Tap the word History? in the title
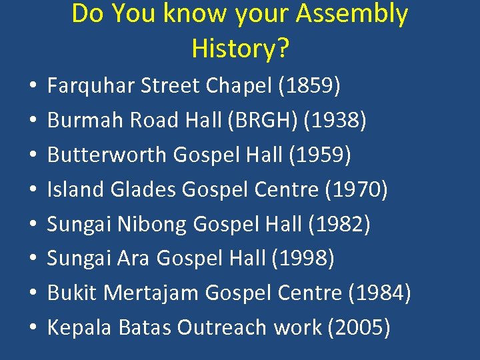click(240, 48)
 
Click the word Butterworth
click(107, 155)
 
